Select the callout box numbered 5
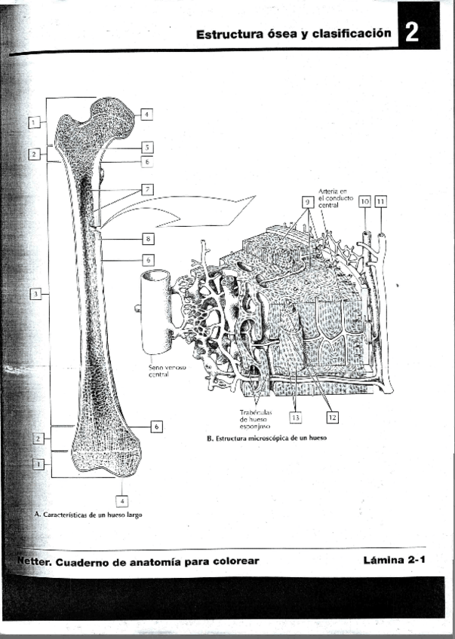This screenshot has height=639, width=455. tap(148, 148)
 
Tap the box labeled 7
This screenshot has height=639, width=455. tap(148, 188)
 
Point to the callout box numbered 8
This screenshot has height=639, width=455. tap(148, 239)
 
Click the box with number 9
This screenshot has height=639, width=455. tap(307, 202)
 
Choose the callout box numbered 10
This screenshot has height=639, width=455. tap(364, 202)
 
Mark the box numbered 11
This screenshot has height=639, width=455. tap(380, 202)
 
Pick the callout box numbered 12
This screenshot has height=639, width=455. tap(332, 415)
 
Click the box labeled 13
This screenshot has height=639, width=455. tap(296, 415)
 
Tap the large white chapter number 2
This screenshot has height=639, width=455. tap(410, 33)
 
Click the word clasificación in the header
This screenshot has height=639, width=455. tap(354, 33)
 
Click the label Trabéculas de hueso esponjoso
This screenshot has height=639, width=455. tap(254, 419)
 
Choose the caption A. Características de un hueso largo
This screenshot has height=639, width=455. tap(88, 515)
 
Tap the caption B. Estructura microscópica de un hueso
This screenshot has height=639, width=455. tap(266, 438)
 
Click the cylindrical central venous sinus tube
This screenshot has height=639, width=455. tap(156, 313)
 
